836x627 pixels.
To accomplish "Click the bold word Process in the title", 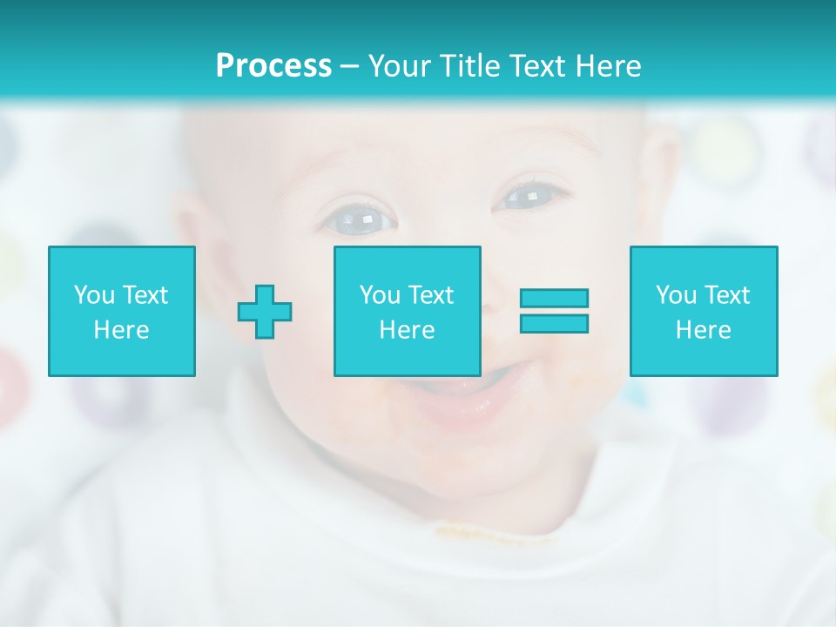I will [x=273, y=66].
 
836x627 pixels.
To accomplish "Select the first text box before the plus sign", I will [x=122, y=311].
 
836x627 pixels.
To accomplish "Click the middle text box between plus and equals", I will [x=407, y=311].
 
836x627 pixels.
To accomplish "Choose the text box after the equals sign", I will [x=704, y=311].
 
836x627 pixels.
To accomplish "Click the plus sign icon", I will [x=265, y=311].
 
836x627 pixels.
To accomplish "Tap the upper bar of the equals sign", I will [x=554, y=298].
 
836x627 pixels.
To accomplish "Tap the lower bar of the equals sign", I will [x=554, y=323].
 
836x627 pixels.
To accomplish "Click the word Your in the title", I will [x=397, y=66].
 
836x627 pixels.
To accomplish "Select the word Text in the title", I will [x=533, y=66].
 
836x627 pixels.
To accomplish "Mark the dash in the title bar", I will [x=349, y=66].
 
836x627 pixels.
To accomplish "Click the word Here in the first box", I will [x=122, y=330].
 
